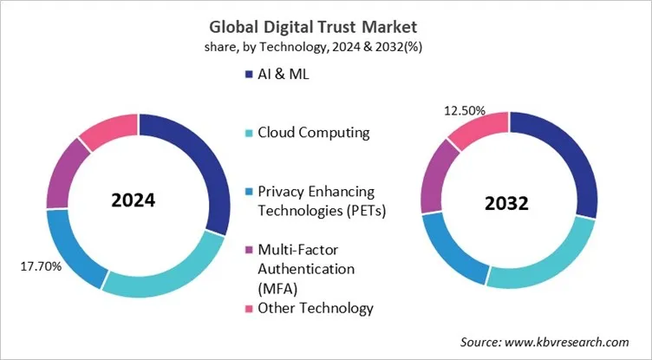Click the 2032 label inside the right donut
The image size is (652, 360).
pyautogui.click(x=507, y=206)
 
